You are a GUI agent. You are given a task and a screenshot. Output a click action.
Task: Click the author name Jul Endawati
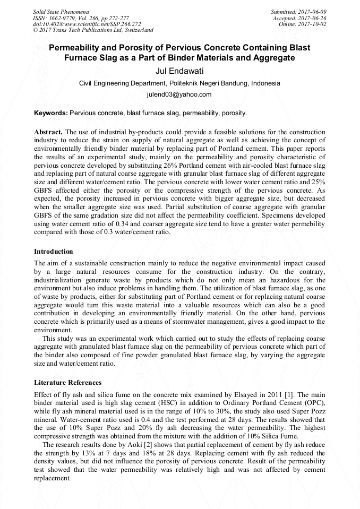coord(179,71)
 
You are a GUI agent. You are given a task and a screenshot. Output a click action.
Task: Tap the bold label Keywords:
coord(51,113)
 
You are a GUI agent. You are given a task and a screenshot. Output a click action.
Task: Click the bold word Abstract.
coord(48,131)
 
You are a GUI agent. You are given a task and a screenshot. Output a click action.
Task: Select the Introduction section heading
coord(54,251)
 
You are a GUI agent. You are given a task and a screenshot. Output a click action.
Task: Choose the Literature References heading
coord(67,382)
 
